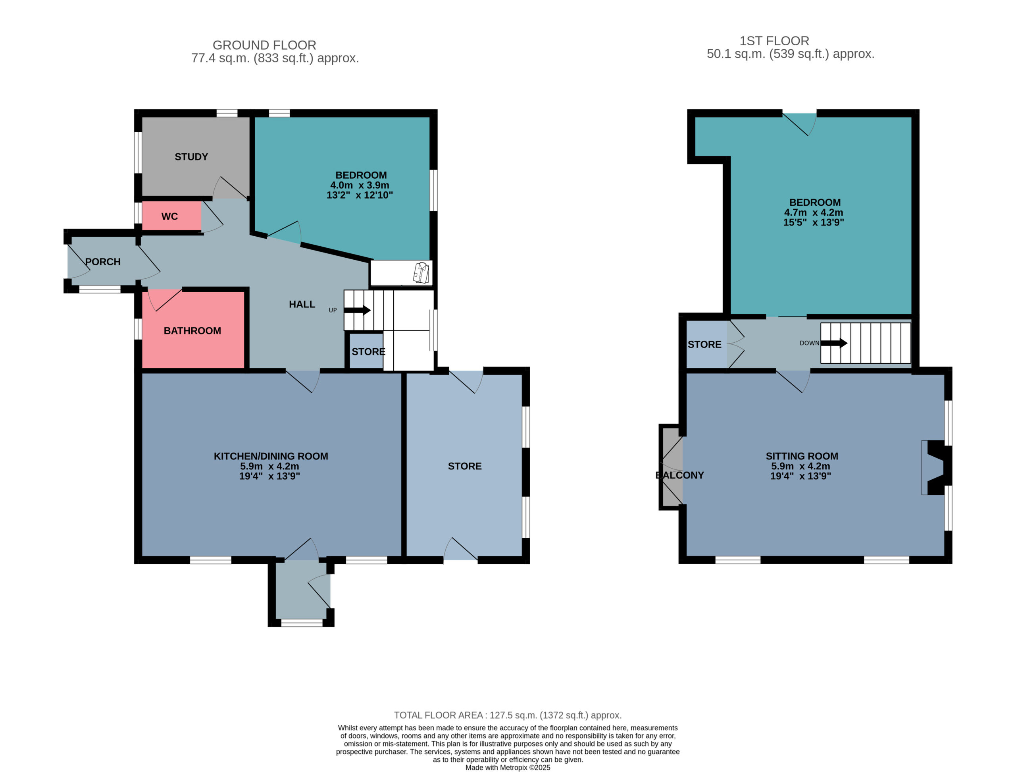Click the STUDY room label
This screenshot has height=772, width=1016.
191,157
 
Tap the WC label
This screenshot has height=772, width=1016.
169,216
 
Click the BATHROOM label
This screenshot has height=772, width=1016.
192,331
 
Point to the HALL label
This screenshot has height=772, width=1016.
302,304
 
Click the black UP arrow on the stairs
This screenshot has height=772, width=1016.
357,310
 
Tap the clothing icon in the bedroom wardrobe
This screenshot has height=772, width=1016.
421,273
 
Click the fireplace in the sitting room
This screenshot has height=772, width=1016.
937,468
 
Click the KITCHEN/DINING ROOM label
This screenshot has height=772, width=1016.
271,456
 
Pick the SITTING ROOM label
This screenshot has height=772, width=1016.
802,456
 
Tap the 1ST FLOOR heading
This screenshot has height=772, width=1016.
774,41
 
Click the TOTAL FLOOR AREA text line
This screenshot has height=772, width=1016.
508,716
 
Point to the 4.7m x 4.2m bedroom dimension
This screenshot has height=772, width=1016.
814,213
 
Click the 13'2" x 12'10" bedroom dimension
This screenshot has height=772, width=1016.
360,195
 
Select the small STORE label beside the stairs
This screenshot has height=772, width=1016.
368,352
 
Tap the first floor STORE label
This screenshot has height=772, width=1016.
704,345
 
